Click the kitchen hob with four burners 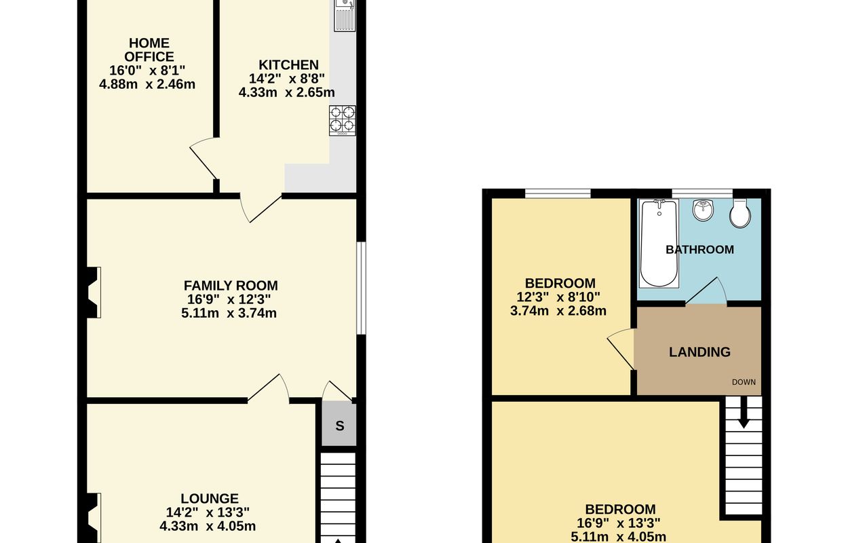(x=343, y=120)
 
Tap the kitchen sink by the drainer (x=345, y=15)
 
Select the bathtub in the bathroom (x=659, y=243)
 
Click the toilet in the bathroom (x=740, y=214)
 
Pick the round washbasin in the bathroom (x=704, y=210)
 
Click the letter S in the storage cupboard (x=340, y=426)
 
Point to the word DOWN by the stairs (x=744, y=382)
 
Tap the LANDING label (x=699, y=352)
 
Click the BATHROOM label (x=699, y=250)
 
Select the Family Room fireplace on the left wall (x=94, y=293)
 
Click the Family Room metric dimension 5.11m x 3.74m (x=229, y=314)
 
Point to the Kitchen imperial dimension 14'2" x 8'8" (x=286, y=79)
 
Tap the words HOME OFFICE (x=149, y=50)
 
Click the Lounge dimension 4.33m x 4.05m (x=208, y=526)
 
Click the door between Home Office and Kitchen (x=204, y=158)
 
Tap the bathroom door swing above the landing (x=706, y=291)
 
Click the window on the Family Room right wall (x=362, y=288)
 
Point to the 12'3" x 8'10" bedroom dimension (x=558, y=297)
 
